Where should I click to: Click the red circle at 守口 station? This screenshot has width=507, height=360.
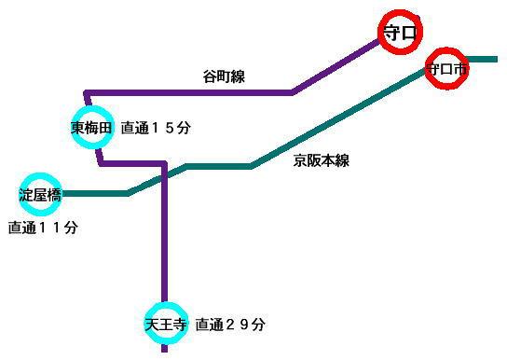[401, 33]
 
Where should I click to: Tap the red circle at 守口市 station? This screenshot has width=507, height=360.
[445, 69]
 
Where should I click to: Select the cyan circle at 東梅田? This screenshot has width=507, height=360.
[91, 128]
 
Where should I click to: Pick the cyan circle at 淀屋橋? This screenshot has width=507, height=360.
[40, 195]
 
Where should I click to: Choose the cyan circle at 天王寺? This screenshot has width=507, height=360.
[166, 325]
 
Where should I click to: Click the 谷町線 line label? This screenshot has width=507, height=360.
[224, 77]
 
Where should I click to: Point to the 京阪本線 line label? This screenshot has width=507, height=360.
[321, 160]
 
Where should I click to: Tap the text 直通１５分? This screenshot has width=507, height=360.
[156, 128]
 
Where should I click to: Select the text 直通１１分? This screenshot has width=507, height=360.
[43, 228]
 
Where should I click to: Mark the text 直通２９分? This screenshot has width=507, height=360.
[230, 325]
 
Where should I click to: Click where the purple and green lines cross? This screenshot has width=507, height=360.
[164, 177]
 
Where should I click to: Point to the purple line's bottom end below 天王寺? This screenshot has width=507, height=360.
[165, 353]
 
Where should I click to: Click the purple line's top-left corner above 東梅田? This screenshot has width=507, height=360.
[86, 92]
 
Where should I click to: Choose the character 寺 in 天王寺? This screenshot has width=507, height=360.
[179, 325]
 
